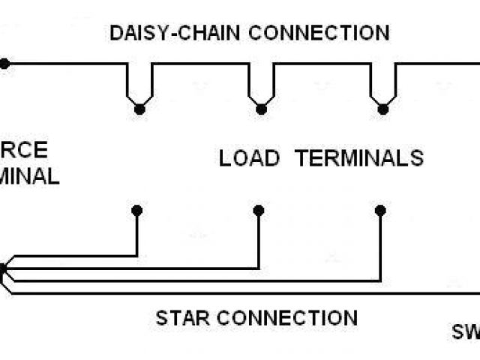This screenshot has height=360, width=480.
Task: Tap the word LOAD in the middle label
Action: tap(250, 158)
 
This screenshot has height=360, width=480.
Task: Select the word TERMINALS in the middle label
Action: tap(359, 158)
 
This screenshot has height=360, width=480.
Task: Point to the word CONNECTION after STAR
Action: tap(293, 317)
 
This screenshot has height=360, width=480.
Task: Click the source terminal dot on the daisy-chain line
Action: tap(4, 64)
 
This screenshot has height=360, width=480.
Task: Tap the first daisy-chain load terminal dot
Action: tap(139, 109)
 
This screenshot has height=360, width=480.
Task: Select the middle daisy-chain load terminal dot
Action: tap(261, 109)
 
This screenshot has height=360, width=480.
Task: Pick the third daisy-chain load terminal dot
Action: tap(384, 109)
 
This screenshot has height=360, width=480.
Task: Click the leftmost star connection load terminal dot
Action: tap(136, 211)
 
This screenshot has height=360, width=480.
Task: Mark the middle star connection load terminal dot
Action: tap(258, 211)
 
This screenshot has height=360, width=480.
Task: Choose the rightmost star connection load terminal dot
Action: tap(380, 211)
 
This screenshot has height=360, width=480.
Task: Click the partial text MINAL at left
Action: tap(30, 177)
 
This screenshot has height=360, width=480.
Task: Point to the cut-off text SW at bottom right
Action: tap(465, 331)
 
